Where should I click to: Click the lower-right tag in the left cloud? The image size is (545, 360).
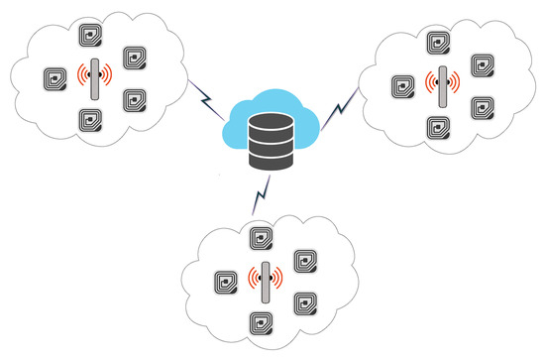click(x=133, y=100)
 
